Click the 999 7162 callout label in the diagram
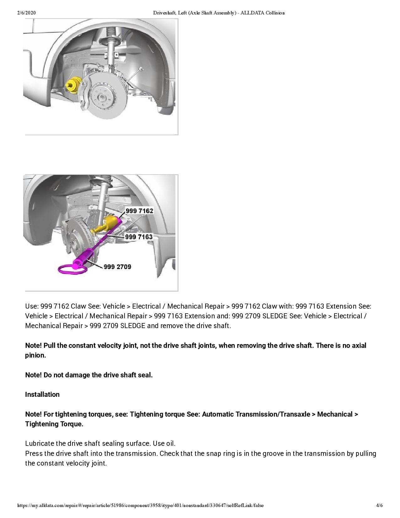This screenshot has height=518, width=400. [x=139, y=211]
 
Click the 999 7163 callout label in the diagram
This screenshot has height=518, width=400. [x=139, y=237]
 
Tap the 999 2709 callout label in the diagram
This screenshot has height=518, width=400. [x=117, y=267]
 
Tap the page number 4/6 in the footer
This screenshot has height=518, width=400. [x=379, y=505]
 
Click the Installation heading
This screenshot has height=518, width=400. [x=42, y=395]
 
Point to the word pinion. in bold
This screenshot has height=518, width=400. [x=35, y=355]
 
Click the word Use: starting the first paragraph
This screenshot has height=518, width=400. [x=32, y=306]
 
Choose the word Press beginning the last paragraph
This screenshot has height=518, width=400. [x=34, y=453]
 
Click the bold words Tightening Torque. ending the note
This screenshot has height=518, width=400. [x=54, y=424]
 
